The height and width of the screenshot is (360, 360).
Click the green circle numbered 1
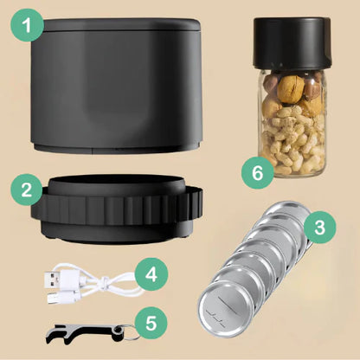tap(28, 25)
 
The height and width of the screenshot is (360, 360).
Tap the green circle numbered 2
tap(27, 190)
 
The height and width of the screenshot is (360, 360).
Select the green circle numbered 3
tap(320, 228)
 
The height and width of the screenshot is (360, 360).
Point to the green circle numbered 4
tap(151, 274)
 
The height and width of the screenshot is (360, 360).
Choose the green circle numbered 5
tap(151, 323)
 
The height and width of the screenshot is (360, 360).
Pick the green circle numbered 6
tap(258, 172)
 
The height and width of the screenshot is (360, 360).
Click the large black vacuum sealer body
tap(116, 86)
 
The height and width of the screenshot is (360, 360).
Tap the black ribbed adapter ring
tap(117, 209)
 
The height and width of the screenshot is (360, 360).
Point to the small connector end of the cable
tap(57, 297)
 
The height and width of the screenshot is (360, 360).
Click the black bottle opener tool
tap(85, 334)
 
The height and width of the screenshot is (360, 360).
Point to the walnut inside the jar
tap(291, 89)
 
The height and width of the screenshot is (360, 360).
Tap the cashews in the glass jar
tap(292, 138)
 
